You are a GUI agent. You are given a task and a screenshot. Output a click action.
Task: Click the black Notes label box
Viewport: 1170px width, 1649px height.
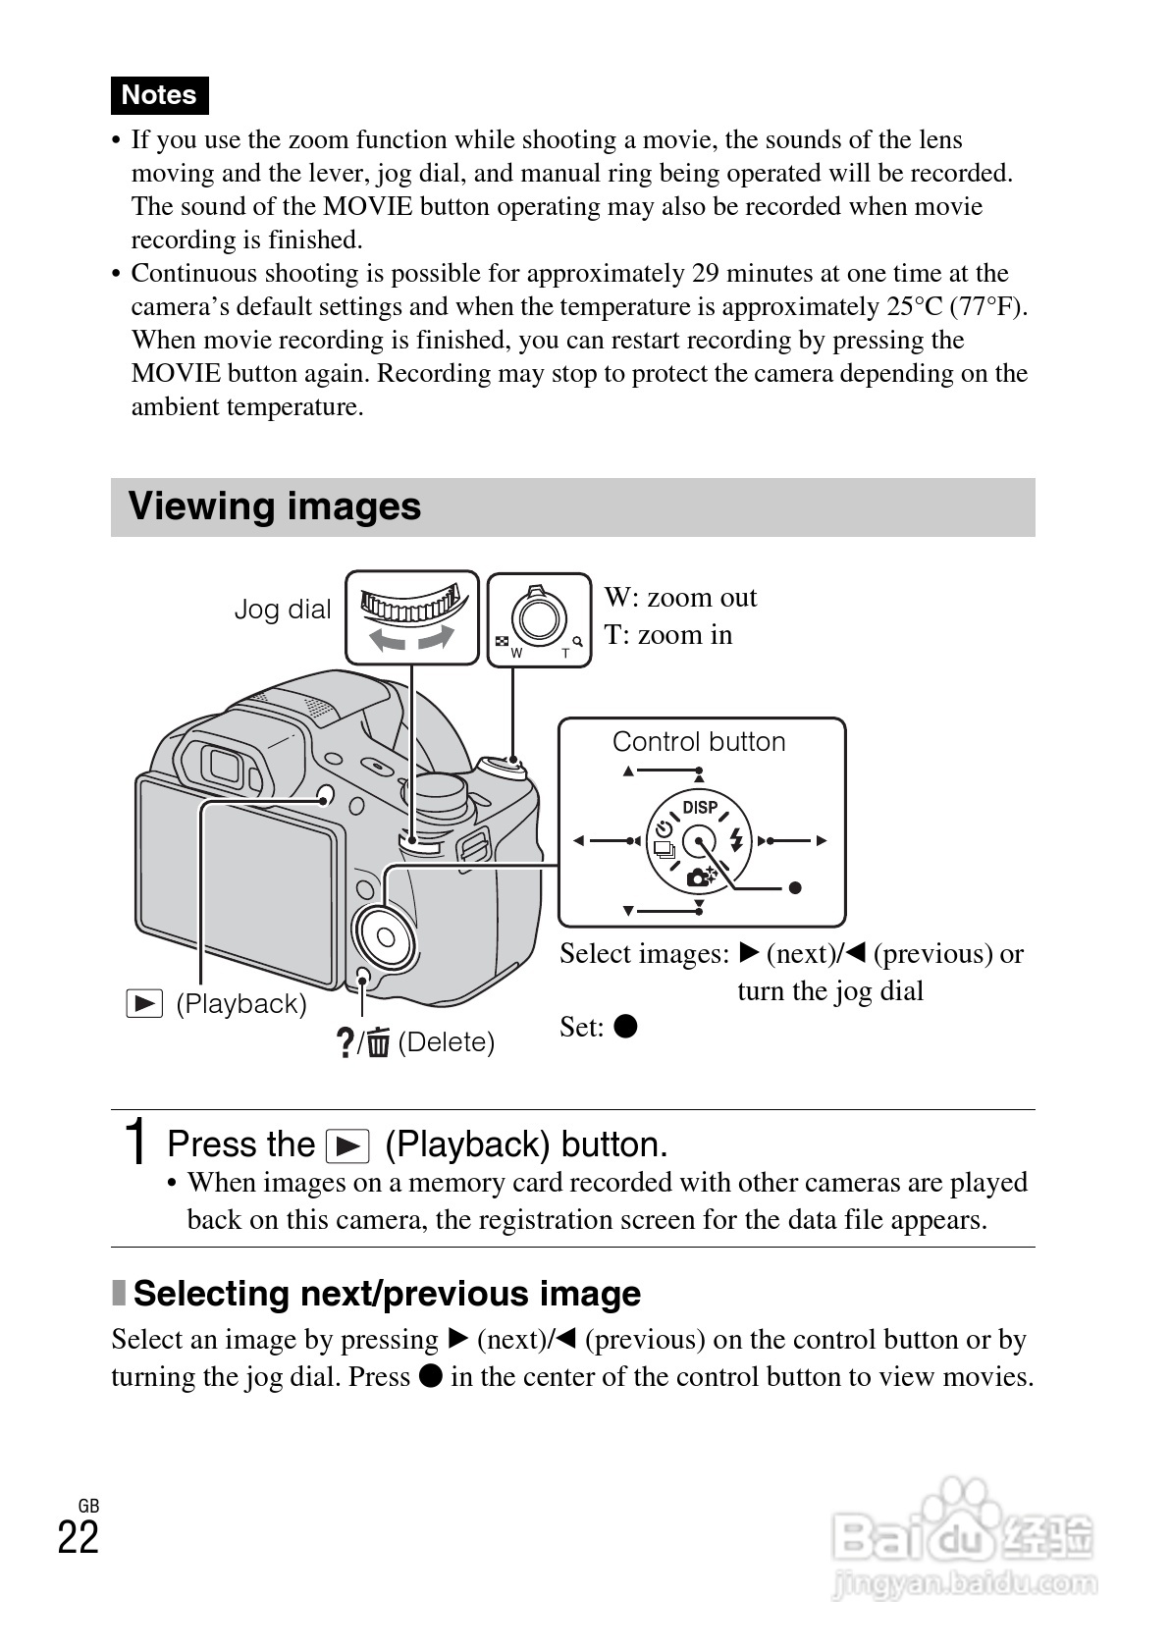point(159,95)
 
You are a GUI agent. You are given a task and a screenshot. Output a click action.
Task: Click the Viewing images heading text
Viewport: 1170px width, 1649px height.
point(275,506)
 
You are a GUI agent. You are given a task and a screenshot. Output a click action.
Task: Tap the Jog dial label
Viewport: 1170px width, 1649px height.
point(283,610)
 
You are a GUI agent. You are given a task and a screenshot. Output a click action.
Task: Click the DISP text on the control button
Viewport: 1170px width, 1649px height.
point(700,807)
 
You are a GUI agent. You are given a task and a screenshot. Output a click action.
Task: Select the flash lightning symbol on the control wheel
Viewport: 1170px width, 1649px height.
point(736,839)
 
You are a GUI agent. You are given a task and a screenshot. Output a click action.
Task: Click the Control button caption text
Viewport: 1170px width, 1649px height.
point(699,742)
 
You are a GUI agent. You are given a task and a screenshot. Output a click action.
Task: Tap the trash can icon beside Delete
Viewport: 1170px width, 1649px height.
point(380,1042)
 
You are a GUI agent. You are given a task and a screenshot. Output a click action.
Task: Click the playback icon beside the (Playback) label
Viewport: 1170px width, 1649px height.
point(144,1004)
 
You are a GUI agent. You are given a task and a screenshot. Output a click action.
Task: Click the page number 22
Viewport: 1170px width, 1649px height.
point(79,1537)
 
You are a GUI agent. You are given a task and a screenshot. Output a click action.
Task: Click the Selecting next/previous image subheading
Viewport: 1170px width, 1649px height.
point(387,1294)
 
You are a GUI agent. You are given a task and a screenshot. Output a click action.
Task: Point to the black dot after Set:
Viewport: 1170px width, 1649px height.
point(625,1027)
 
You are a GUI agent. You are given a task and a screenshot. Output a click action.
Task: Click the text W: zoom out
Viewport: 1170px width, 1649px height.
point(680,598)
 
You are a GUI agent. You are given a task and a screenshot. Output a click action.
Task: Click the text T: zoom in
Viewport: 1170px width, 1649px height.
point(668,635)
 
